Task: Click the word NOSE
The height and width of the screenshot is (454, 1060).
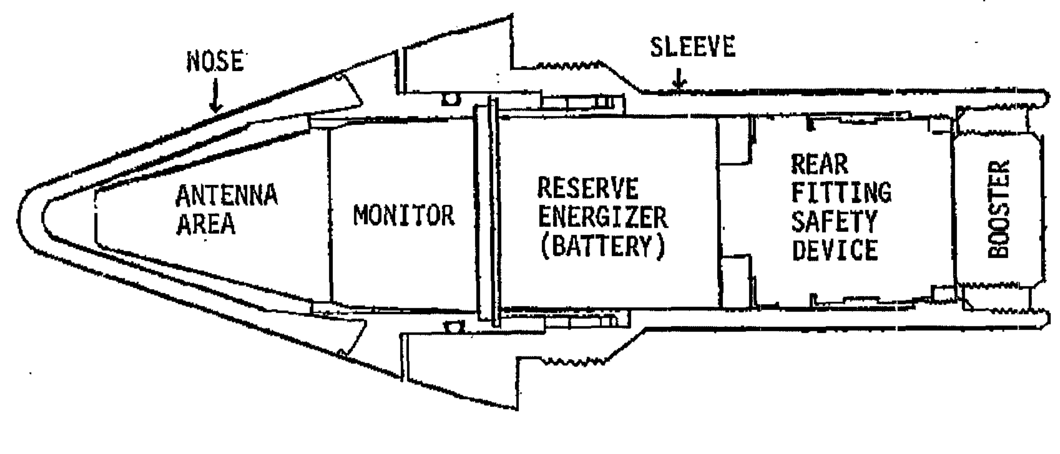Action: (x=214, y=62)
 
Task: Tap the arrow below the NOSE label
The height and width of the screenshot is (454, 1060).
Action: (x=216, y=94)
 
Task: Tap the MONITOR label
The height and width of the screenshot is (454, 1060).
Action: (x=404, y=215)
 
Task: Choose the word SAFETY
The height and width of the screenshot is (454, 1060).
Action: (x=834, y=221)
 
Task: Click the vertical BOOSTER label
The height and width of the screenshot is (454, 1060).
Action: (x=998, y=209)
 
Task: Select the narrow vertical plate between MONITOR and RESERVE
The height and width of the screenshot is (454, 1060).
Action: (x=486, y=213)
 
